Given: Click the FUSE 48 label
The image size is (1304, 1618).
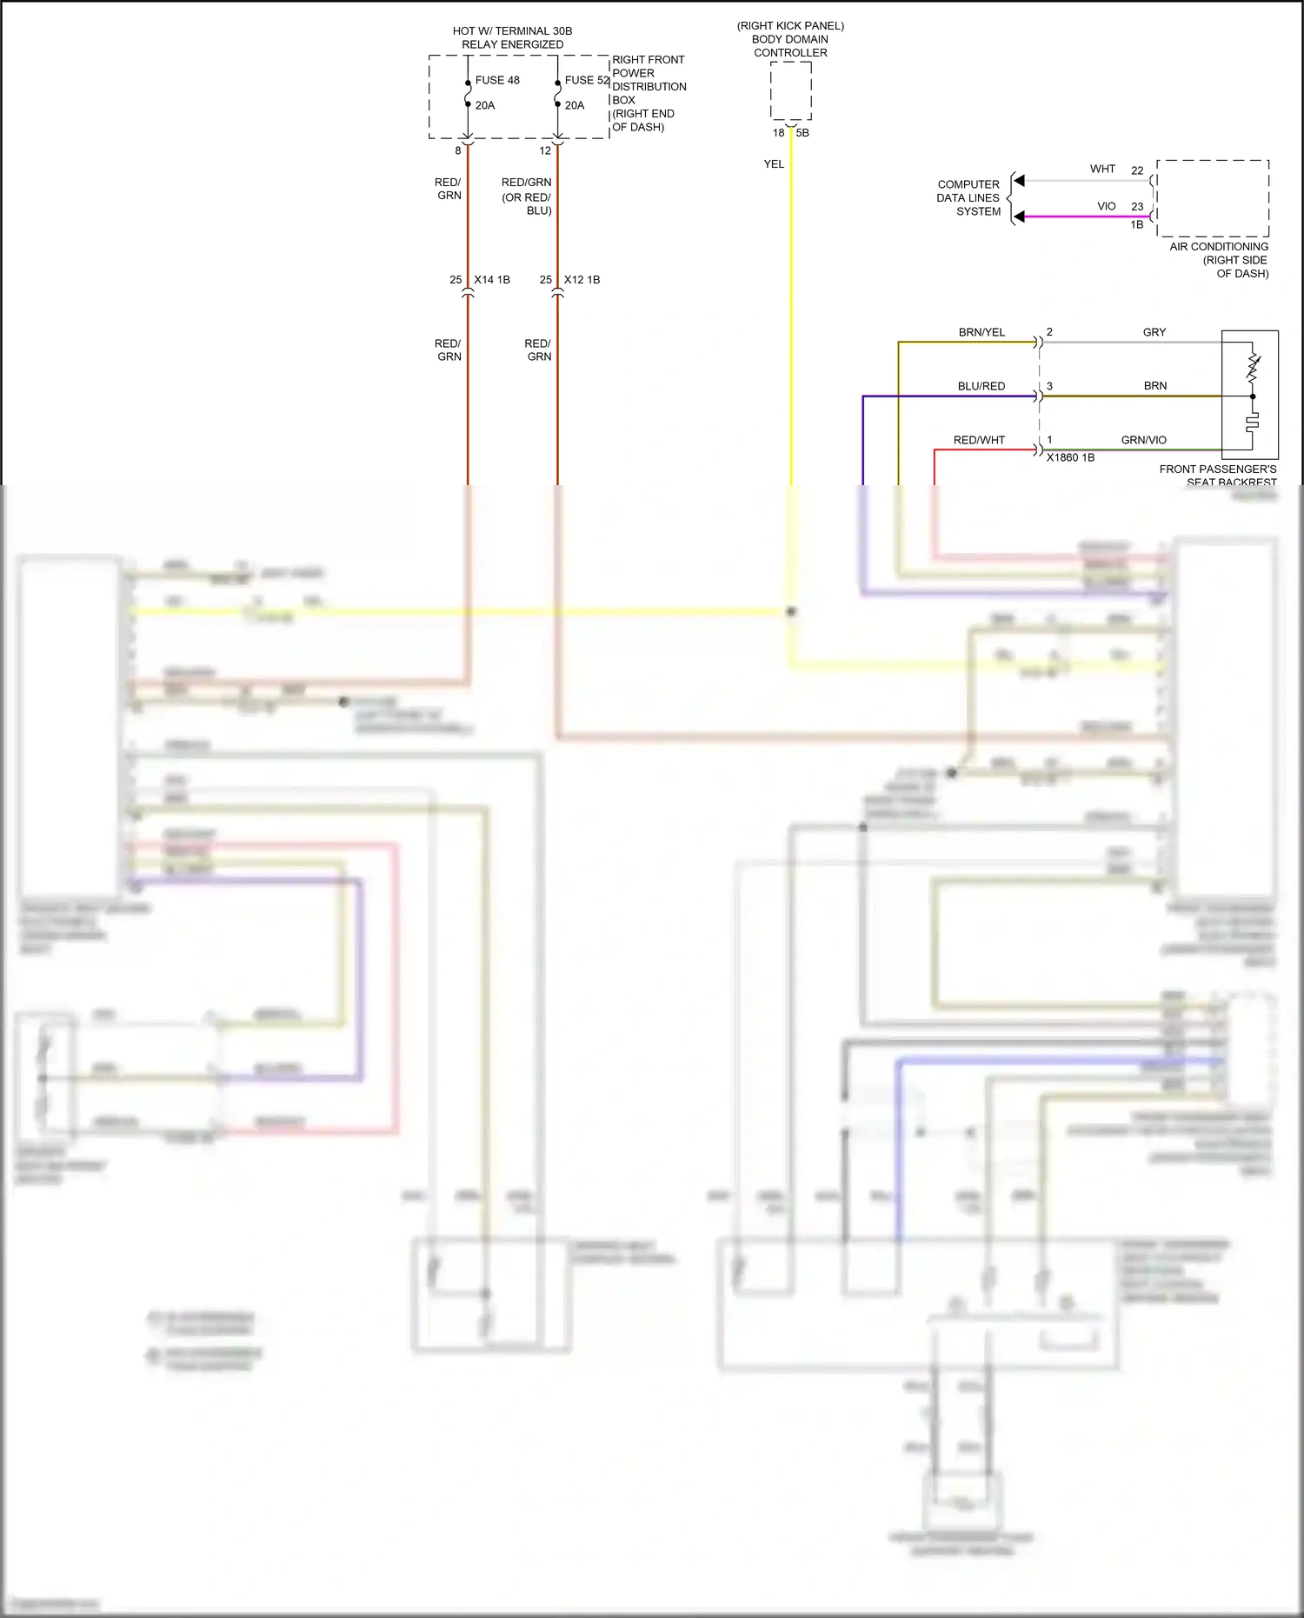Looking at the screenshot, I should [497, 80].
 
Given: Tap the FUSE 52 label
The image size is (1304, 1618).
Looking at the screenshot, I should [587, 80].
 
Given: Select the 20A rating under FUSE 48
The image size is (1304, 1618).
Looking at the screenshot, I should [485, 105].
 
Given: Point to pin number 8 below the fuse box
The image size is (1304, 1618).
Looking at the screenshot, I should [458, 150].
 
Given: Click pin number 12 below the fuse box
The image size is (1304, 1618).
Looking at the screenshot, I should [545, 150].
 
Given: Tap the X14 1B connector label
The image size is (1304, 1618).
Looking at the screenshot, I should [492, 280].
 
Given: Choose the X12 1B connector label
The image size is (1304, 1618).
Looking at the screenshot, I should [582, 280].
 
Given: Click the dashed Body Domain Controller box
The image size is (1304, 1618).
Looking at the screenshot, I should [791, 91].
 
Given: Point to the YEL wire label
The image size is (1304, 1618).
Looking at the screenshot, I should [774, 164].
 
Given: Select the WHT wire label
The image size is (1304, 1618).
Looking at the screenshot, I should [1102, 170].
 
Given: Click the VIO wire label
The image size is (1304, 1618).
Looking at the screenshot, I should [1106, 207].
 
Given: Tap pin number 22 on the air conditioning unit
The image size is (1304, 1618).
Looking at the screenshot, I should [1137, 171].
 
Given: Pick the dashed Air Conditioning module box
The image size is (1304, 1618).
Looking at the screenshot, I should [1213, 198].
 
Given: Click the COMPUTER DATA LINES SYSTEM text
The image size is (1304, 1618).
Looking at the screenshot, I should [968, 198].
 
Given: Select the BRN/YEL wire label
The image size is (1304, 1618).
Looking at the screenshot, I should [981, 333].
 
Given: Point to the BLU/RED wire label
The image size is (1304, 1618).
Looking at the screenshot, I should [981, 387].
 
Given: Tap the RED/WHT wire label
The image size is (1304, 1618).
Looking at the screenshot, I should [979, 441].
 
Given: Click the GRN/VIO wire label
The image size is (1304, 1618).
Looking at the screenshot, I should [1143, 441].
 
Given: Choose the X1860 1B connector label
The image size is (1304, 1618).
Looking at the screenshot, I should [1070, 458].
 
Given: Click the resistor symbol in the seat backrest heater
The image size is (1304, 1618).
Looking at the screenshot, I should [1253, 367].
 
